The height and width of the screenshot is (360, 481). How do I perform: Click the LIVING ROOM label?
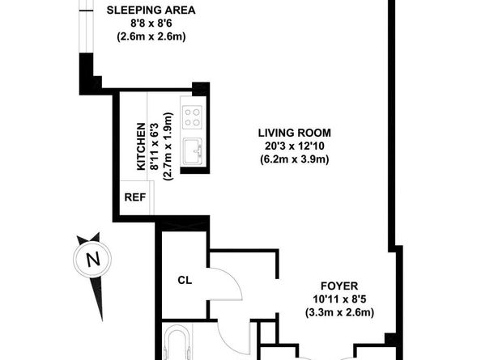(294, 133)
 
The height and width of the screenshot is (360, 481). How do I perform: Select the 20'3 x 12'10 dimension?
(294, 146)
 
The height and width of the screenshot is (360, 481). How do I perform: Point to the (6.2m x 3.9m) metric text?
(294, 159)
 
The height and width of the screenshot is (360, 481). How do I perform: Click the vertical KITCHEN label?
(141, 146)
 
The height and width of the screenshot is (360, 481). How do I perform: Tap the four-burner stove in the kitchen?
(192, 117)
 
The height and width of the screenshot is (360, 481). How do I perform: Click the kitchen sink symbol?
(192, 151)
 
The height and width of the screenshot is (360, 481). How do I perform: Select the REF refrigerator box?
(134, 197)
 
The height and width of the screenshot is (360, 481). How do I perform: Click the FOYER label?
(338, 285)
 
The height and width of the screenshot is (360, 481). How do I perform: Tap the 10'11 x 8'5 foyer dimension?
(338, 299)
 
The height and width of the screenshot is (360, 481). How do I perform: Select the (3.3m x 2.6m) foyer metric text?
(338, 312)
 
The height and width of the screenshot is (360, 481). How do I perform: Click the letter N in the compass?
(92, 260)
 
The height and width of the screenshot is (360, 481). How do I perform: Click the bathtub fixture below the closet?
(178, 344)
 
